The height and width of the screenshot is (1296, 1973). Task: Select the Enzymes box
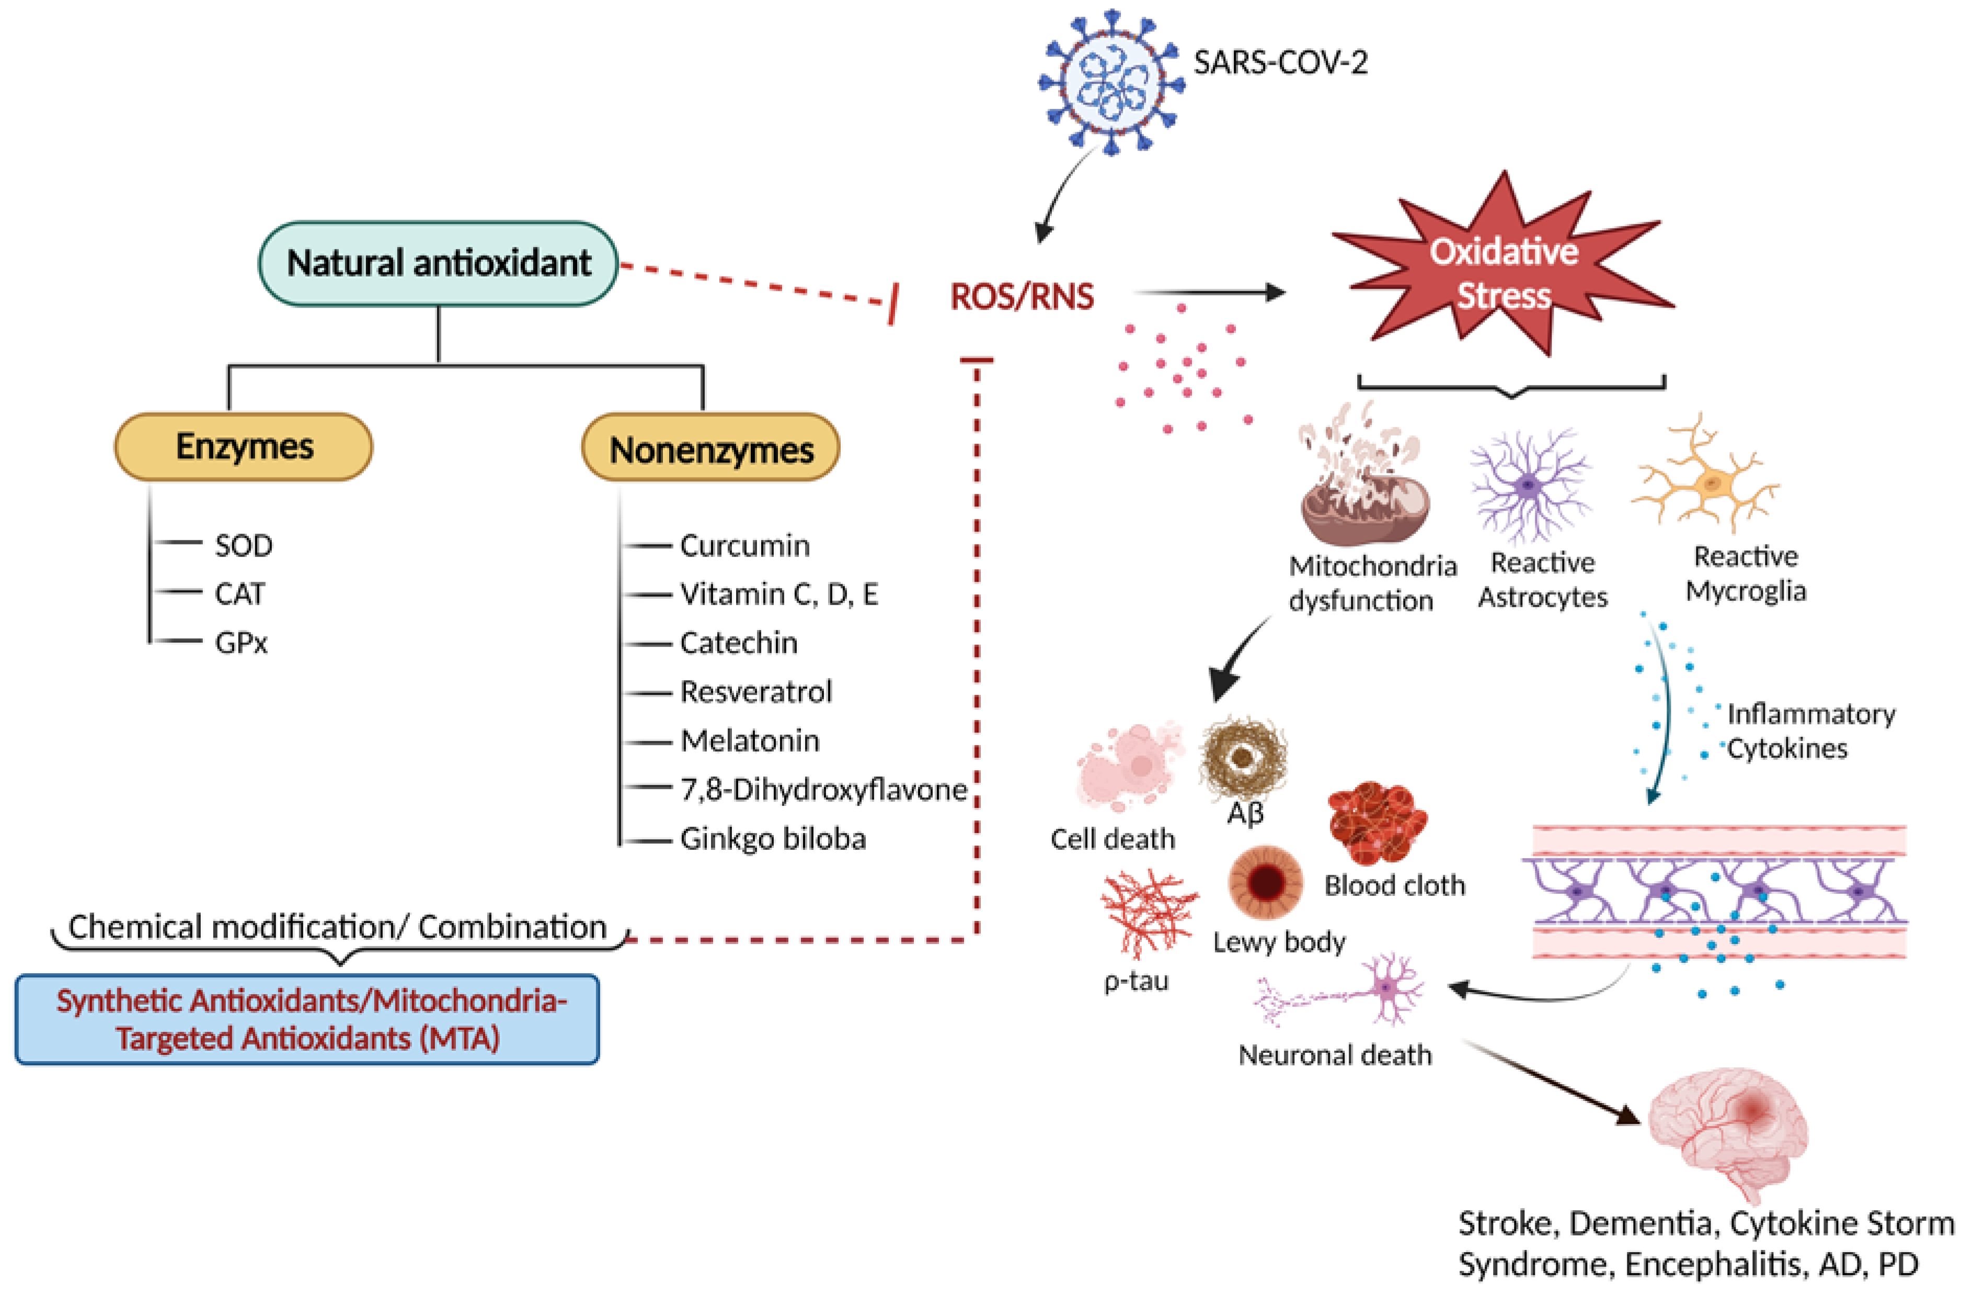[x=244, y=447]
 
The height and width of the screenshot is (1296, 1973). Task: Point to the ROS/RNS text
[x=1022, y=296]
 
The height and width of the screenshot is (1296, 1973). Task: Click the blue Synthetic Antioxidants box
[x=307, y=1019]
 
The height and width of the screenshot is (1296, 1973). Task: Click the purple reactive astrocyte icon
[x=1530, y=485]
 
